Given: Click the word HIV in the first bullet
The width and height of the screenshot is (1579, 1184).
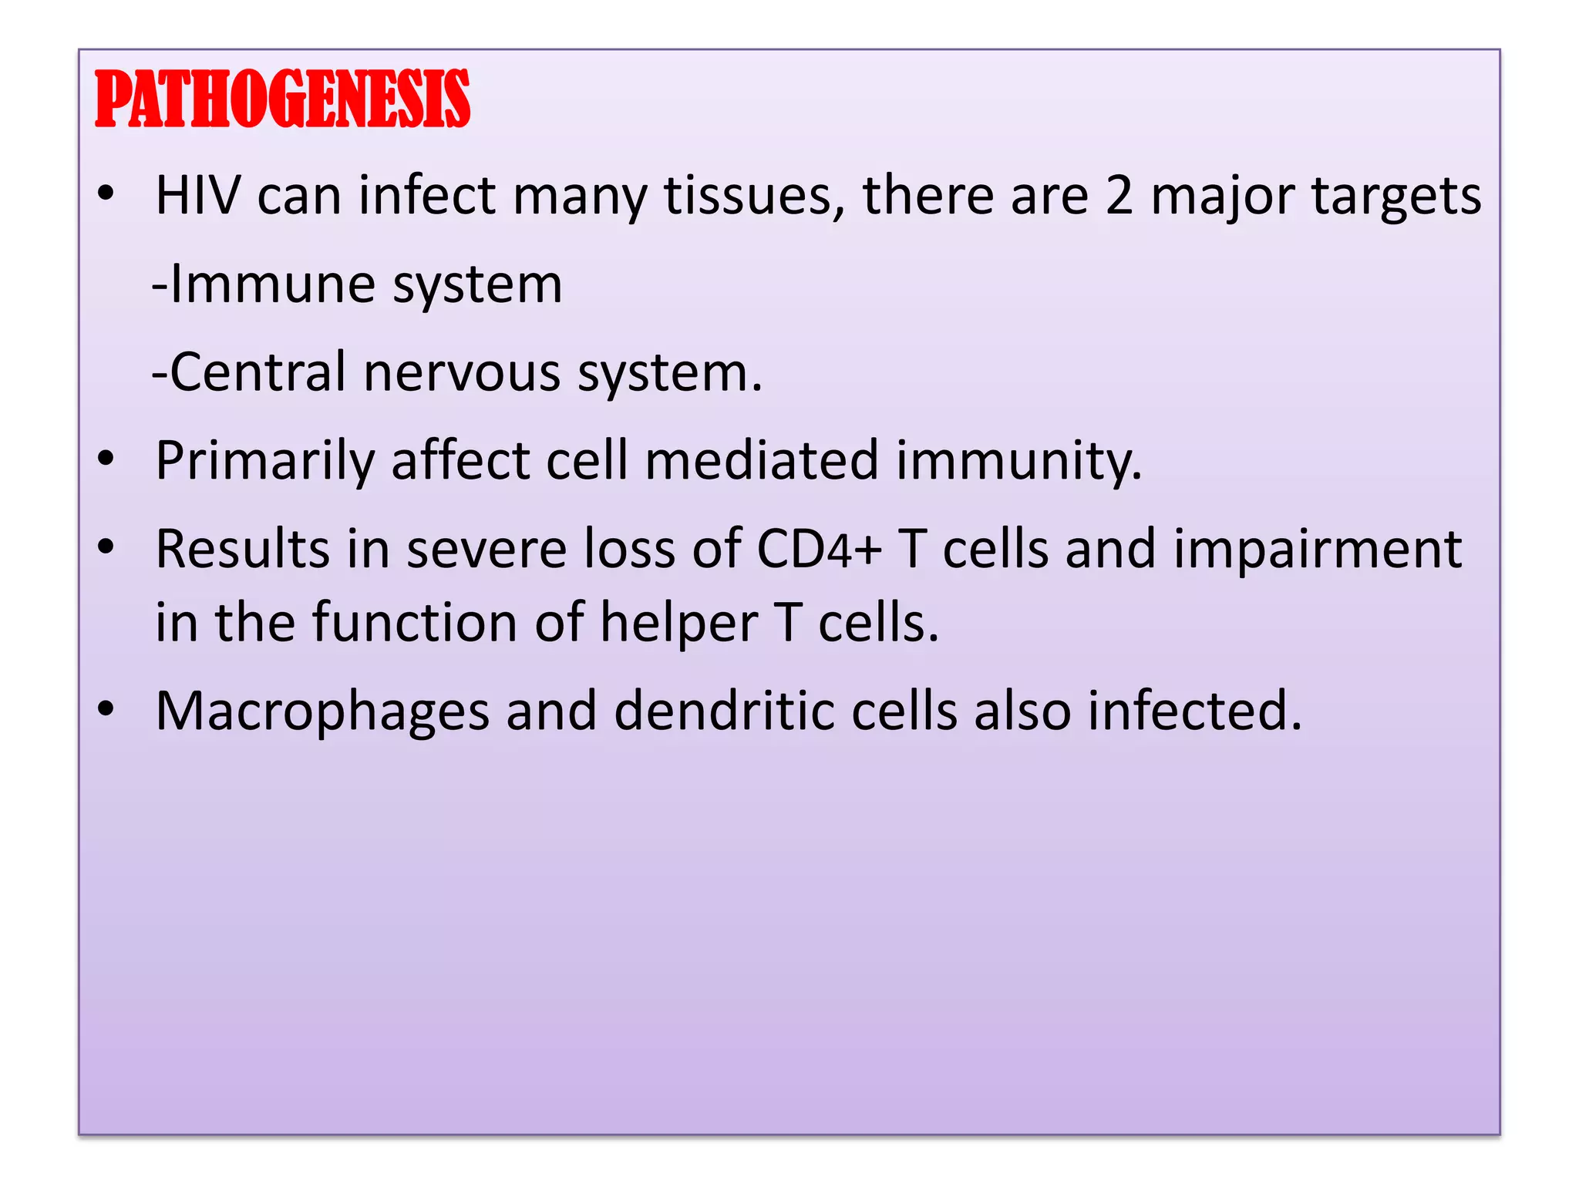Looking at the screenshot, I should tap(197, 196).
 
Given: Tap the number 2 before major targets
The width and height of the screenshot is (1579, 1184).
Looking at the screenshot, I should tap(1119, 196).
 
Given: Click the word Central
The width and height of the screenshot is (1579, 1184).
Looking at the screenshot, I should tap(258, 373).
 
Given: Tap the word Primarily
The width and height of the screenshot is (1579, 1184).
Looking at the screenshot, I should tap(264, 461).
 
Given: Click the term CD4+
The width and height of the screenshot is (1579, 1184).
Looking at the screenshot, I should tap(819, 550).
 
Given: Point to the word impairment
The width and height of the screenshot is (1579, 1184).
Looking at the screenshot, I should tap(1318, 550).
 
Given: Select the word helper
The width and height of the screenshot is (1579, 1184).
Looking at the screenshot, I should tap(679, 623).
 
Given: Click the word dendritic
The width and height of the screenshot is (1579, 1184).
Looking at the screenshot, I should tap(724, 710).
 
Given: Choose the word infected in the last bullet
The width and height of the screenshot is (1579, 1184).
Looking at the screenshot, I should tap(1194, 710).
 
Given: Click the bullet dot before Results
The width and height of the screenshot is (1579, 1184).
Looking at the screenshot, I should tap(106, 547).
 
